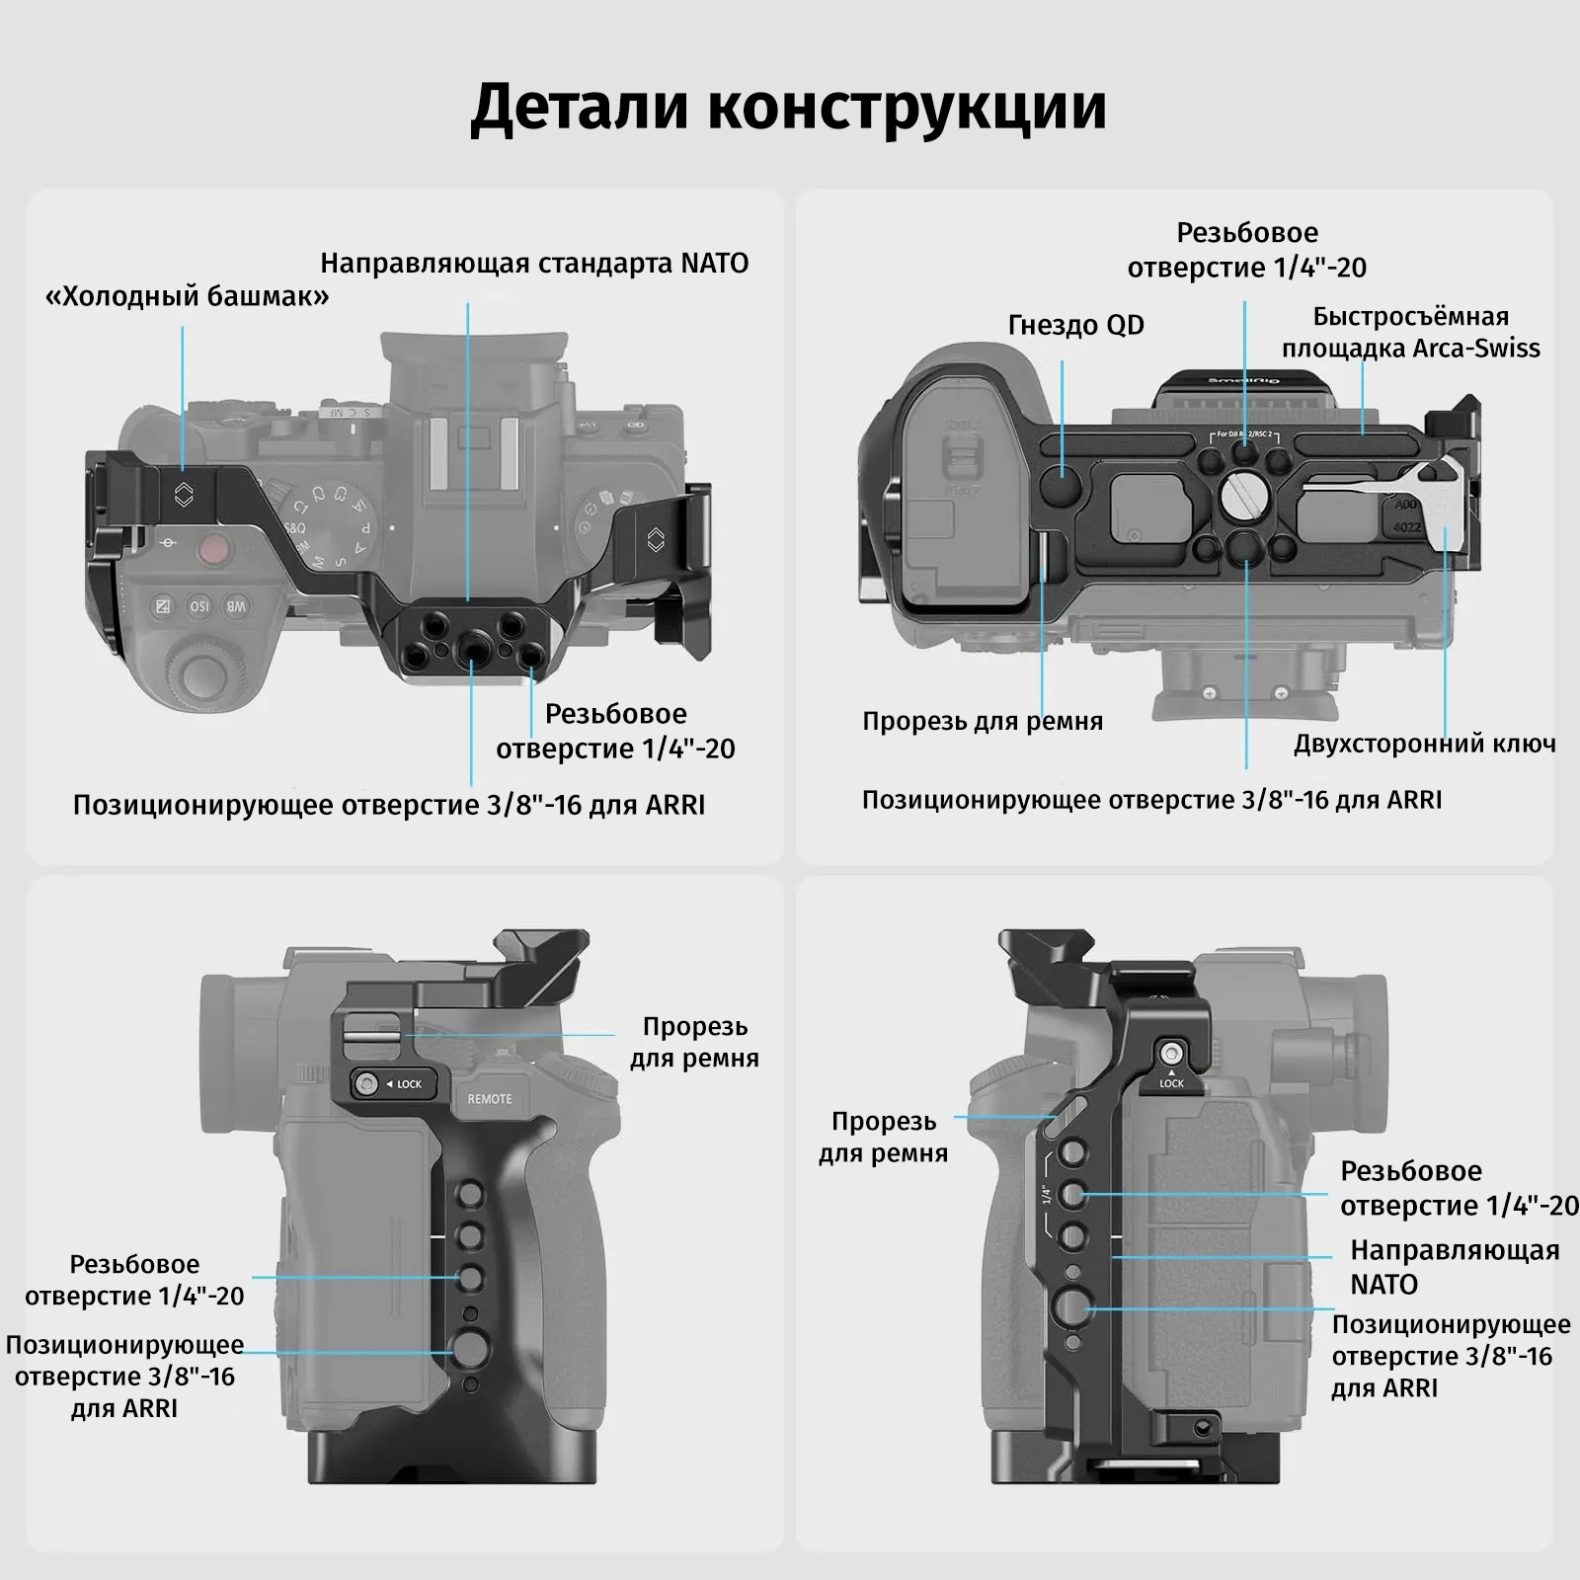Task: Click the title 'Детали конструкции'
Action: click(788, 107)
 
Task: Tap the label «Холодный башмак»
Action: click(188, 295)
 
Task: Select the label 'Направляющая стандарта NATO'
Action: click(534, 263)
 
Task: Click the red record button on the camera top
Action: click(211, 550)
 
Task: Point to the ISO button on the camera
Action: click(197, 605)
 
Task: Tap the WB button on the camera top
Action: click(236, 605)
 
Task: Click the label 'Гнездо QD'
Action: click(1075, 325)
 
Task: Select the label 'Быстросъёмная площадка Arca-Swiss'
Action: click(1410, 332)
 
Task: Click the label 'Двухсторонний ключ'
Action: click(1424, 744)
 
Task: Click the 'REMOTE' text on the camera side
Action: click(490, 1098)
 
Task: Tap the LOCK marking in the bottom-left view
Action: click(408, 1084)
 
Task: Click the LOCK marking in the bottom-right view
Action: click(1171, 1083)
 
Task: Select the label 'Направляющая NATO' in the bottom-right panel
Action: click(1454, 1267)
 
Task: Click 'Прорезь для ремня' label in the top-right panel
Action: click(983, 721)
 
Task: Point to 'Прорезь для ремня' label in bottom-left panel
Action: click(694, 1042)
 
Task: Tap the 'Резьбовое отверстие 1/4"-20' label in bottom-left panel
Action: click(134, 1280)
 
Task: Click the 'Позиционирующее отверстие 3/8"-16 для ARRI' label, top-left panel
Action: click(389, 805)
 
